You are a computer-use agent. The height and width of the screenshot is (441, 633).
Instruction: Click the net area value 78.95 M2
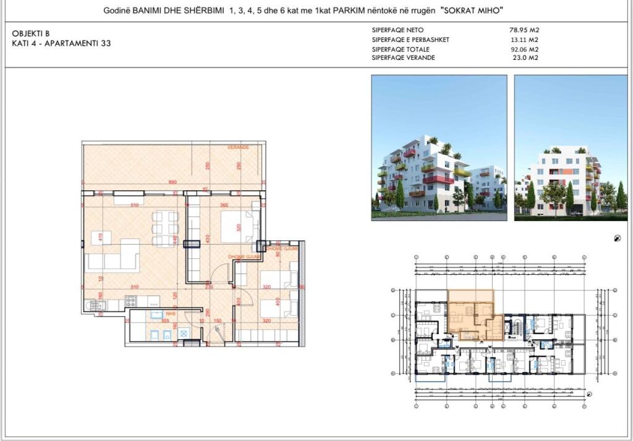524,30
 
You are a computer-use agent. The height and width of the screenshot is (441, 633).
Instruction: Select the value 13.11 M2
524,40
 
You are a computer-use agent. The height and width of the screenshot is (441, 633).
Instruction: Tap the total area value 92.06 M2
524,49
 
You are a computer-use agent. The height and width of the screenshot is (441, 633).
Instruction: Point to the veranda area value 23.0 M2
525,57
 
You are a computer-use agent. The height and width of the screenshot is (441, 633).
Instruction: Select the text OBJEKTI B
30,33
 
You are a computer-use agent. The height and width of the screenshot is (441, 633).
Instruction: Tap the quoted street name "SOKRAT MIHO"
472,11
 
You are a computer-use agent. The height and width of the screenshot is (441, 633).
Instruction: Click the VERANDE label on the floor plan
237,148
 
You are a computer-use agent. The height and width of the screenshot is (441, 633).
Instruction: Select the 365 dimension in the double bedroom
224,205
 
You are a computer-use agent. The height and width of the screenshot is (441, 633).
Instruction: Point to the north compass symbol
617,238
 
